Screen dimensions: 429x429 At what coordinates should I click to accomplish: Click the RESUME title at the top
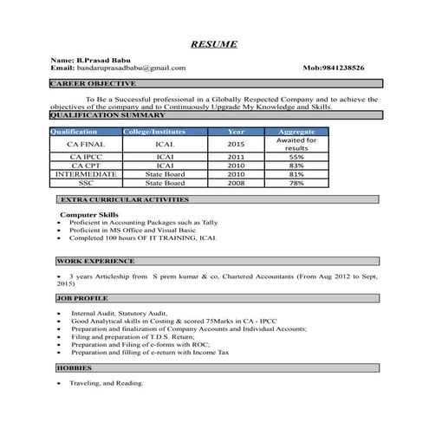tap(213, 43)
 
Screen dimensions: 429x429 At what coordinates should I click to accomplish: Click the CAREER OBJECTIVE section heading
tap(93, 83)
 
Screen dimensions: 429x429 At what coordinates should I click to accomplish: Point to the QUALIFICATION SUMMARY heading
tap(107, 114)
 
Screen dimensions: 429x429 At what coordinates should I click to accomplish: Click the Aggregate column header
tap(296, 130)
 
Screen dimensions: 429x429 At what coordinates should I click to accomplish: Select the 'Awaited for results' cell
tap(296, 144)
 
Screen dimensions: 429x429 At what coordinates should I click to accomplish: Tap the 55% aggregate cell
tap(296, 157)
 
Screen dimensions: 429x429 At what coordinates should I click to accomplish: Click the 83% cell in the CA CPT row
tap(296, 166)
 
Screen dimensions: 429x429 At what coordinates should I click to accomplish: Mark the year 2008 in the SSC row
tap(237, 183)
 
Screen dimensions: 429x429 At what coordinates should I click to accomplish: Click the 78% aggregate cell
tap(296, 183)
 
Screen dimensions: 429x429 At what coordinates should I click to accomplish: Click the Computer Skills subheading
tap(91, 213)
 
